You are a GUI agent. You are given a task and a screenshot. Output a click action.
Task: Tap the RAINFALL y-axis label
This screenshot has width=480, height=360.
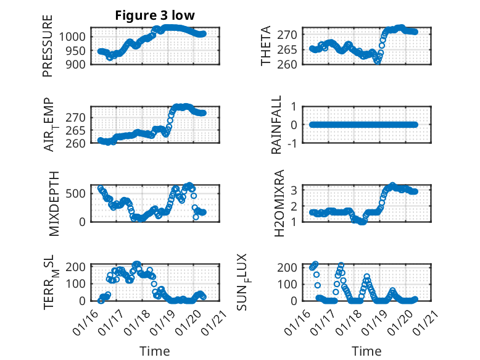277,125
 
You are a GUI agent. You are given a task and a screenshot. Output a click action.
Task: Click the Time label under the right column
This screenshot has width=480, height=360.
366,351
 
